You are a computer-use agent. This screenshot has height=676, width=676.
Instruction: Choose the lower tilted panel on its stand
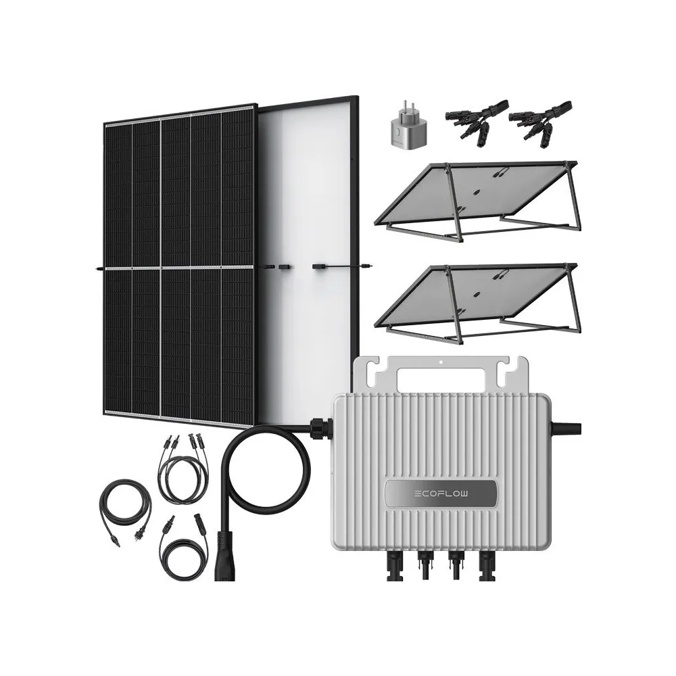[x=477, y=301]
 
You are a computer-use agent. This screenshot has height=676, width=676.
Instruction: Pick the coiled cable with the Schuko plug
[x=126, y=509]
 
